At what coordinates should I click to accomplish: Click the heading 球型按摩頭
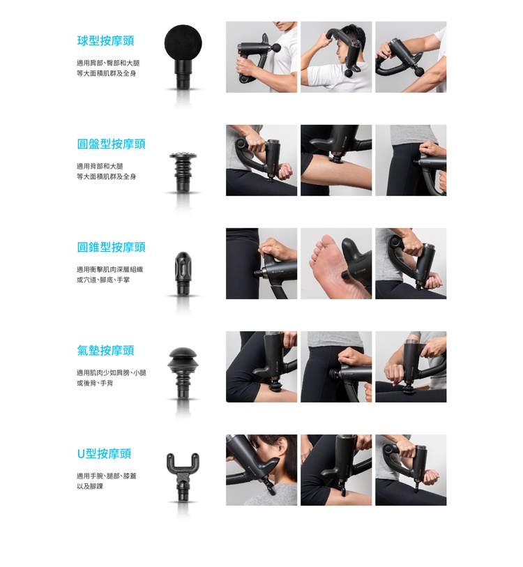click(x=105, y=40)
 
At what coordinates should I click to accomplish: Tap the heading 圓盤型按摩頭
click(x=112, y=144)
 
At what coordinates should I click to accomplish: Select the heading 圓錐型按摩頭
click(x=112, y=248)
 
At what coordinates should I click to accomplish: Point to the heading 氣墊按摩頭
click(x=105, y=350)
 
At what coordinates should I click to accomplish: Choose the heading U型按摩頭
click(x=104, y=454)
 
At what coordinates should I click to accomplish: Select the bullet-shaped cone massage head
click(x=183, y=273)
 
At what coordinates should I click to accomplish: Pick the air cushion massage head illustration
click(x=183, y=373)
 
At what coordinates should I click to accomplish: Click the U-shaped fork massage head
click(x=183, y=476)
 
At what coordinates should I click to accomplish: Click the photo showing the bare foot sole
click(x=336, y=264)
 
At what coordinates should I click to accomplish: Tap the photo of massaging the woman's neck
click(x=261, y=470)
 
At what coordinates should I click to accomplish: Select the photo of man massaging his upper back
click(x=336, y=57)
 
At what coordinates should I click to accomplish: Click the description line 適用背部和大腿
click(x=100, y=167)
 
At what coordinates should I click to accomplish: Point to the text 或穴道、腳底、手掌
click(x=103, y=280)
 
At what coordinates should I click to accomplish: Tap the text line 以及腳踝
click(x=90, y=486)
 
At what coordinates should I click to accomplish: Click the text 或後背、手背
click(x=95, y=383)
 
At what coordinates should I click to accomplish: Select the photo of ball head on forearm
click(x=411, y=57)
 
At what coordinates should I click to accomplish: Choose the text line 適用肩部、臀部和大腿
click(x=108, y=63)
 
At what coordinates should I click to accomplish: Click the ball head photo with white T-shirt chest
click(x=261, y=57)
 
